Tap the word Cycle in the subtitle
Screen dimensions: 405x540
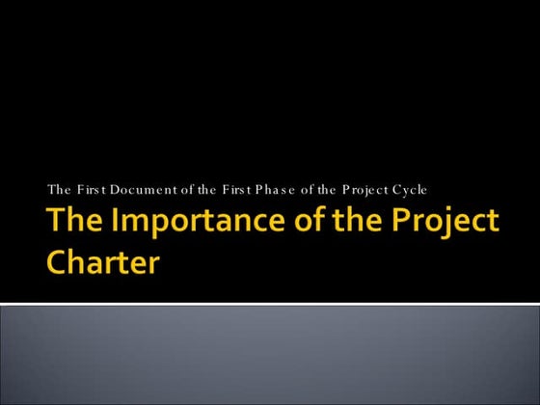click(x=409, y=188)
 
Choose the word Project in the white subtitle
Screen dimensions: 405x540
click(x=363, y=188)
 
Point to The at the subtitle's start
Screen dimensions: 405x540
click(x=59, y=188)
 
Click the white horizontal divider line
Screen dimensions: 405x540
click(x=270, y=305)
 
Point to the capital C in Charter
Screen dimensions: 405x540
click(x=59, y=262)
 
